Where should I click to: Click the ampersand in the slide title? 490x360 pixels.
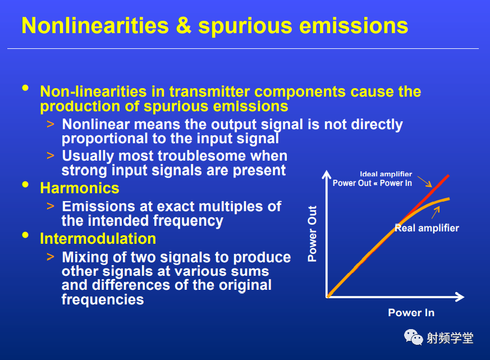[184, 26]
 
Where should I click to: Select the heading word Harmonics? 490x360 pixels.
[80, 188]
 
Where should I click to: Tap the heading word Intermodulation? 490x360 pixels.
[98, 239]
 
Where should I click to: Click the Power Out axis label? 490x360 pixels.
[312, 234]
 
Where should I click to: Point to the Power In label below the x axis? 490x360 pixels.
[411, 312]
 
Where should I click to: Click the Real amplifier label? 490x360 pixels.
[427, 228]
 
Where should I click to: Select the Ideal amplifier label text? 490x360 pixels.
[386, 174]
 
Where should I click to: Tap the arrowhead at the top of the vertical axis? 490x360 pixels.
[327, 174]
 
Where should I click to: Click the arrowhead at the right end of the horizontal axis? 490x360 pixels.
[460, 297]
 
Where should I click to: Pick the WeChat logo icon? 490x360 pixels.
[413, 337]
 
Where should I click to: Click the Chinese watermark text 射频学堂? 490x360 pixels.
[450, 338]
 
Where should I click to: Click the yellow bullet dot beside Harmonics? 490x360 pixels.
[25, 185]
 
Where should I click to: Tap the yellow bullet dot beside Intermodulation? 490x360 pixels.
[25, 235]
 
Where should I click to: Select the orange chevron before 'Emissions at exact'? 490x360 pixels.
[51, 206]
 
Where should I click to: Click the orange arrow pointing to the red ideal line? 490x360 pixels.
[425, 182]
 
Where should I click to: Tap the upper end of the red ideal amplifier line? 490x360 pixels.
[449, 175]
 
